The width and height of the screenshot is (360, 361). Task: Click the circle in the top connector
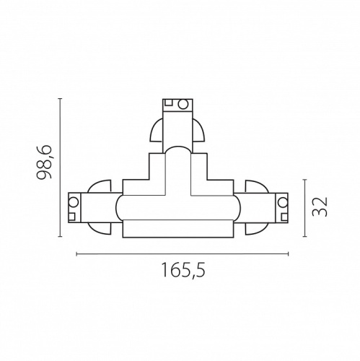(183, 105)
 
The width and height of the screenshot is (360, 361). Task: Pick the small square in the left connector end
(74, 215)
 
